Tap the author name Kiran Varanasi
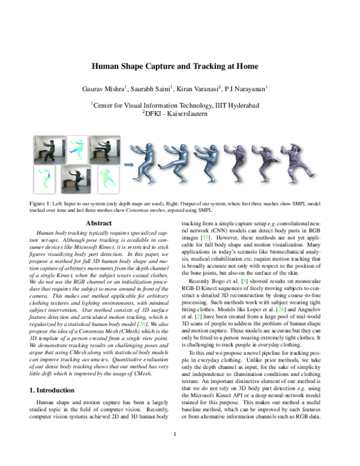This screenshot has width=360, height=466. tap(199, 88)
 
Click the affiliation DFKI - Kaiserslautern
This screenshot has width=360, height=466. tap(179, 112)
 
